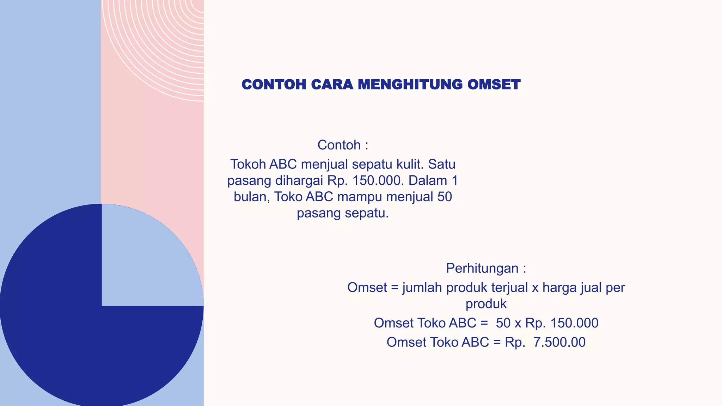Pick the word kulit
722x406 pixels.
pyautogui.click(x=410, y=165)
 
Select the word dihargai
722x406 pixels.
pyautogui.click(x=299, y=181)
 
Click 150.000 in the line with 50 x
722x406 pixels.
pyautogui.click(x=574, y=323)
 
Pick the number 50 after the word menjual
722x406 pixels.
pyautogui.click(x=445, y=197)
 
